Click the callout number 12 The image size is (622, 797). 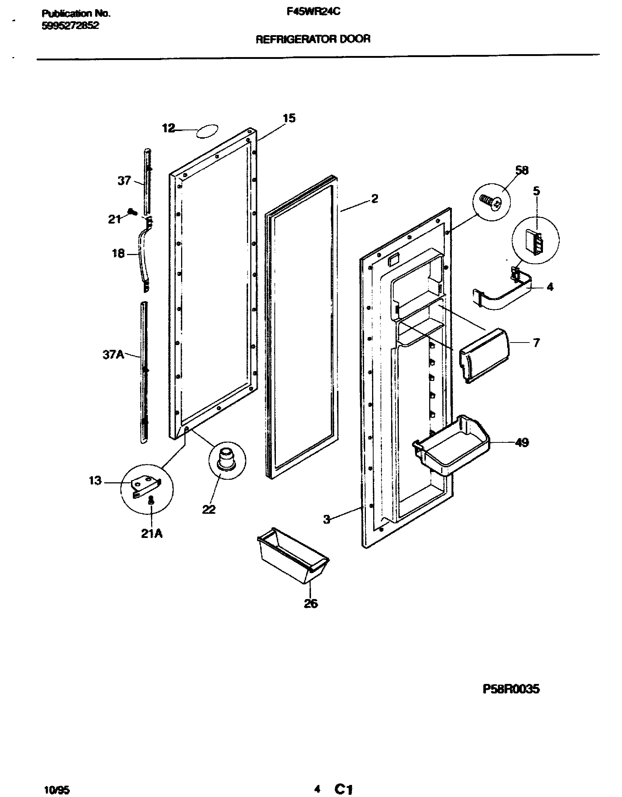coord(169,128)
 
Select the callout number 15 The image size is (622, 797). coord(289,118)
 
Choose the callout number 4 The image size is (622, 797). coord(550,287)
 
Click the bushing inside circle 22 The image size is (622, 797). coord(227,459)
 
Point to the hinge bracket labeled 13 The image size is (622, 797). coord(146,487)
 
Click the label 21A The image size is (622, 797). coord(152,534)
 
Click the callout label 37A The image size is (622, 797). coord(113,355)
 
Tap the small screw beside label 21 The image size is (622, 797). coord(132,212)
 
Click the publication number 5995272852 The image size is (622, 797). coord(70,26)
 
